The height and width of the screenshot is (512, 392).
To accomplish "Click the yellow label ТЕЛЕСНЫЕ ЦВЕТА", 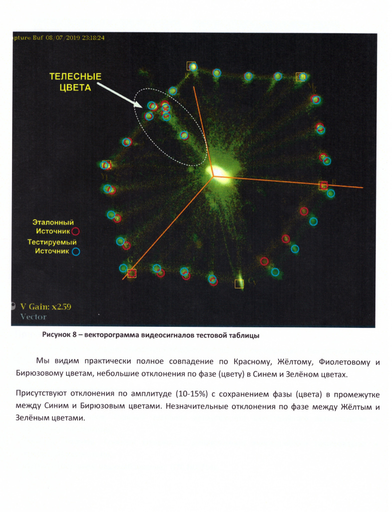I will tap(75, 82).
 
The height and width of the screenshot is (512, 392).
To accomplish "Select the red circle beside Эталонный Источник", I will tap(76, 231).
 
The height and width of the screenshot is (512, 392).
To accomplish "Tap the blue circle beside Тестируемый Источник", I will tap(76, 251).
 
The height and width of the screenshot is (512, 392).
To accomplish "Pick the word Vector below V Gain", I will tap(33, 316).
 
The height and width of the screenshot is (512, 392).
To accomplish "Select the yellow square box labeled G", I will tap(132, 273).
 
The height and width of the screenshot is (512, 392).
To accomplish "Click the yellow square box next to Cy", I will tap(239, 284).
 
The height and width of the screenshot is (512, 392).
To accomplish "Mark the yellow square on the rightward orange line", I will tap(323, 185).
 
